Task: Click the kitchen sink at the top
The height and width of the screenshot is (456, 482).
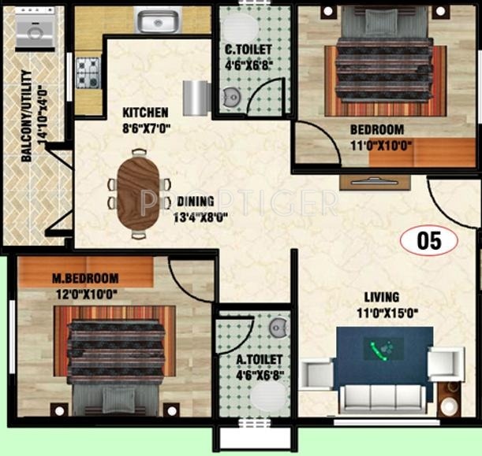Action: tap(158, 20)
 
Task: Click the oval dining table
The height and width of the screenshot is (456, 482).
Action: tap(139, 193)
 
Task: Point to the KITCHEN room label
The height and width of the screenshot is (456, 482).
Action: tap(144, 112)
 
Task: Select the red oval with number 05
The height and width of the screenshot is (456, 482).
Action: tap(428, 241)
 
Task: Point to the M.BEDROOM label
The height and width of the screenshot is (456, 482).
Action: tap(85, 278)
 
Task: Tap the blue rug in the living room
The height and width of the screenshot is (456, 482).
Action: tap(383, 359)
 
